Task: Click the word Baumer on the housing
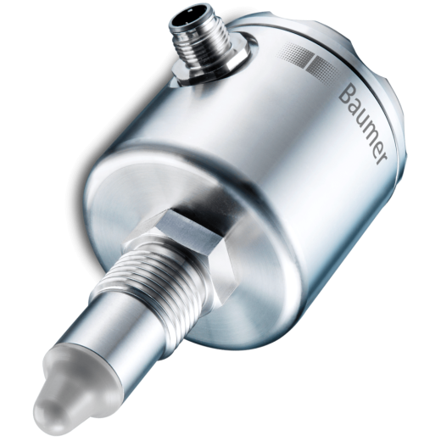[x=362, y=124]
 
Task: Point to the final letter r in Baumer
[x=381, y=160]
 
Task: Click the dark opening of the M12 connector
[x=187, y=22]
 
